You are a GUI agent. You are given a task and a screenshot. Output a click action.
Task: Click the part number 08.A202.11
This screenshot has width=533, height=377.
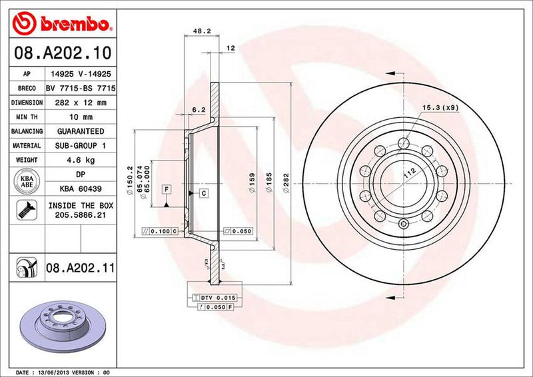pos(81,269)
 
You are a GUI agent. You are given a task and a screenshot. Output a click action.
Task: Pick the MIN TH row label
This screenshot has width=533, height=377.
pos(27,117)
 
